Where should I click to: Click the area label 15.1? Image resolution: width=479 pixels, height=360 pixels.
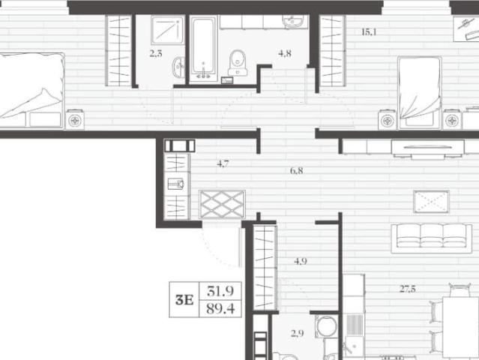point(369,31)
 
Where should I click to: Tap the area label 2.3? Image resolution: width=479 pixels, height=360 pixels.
point(156,54)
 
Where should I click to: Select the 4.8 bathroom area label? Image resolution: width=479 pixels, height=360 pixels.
point(285,53)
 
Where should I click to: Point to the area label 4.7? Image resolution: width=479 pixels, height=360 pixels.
point(223,163)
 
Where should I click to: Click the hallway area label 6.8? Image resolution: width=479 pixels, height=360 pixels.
point(297,170)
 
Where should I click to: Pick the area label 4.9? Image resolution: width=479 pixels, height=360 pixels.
point(301,261)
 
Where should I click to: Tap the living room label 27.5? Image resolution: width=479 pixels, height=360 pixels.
point(408,289)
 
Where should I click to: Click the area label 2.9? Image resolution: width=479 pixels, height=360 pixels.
point(298,333)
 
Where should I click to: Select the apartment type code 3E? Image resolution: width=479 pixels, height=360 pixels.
point(184,300)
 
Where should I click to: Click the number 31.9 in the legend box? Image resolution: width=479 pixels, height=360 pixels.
point(220,291)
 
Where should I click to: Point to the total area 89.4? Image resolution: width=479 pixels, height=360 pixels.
point(220,309)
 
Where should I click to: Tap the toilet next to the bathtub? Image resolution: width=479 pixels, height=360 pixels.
point(238,63)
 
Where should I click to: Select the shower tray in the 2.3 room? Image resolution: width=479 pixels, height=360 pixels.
point(167,30)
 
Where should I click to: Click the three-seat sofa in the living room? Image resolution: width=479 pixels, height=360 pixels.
point(431,238)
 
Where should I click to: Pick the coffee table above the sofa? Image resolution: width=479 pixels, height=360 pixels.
point(431,202)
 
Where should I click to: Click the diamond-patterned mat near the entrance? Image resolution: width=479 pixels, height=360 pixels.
point(222,204)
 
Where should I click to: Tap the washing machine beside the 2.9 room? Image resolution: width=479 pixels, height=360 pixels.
point(327,326)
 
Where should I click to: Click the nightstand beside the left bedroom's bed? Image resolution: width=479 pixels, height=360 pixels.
point(75,120)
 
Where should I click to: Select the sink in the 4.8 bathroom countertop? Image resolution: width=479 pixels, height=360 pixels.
point(292,22)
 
